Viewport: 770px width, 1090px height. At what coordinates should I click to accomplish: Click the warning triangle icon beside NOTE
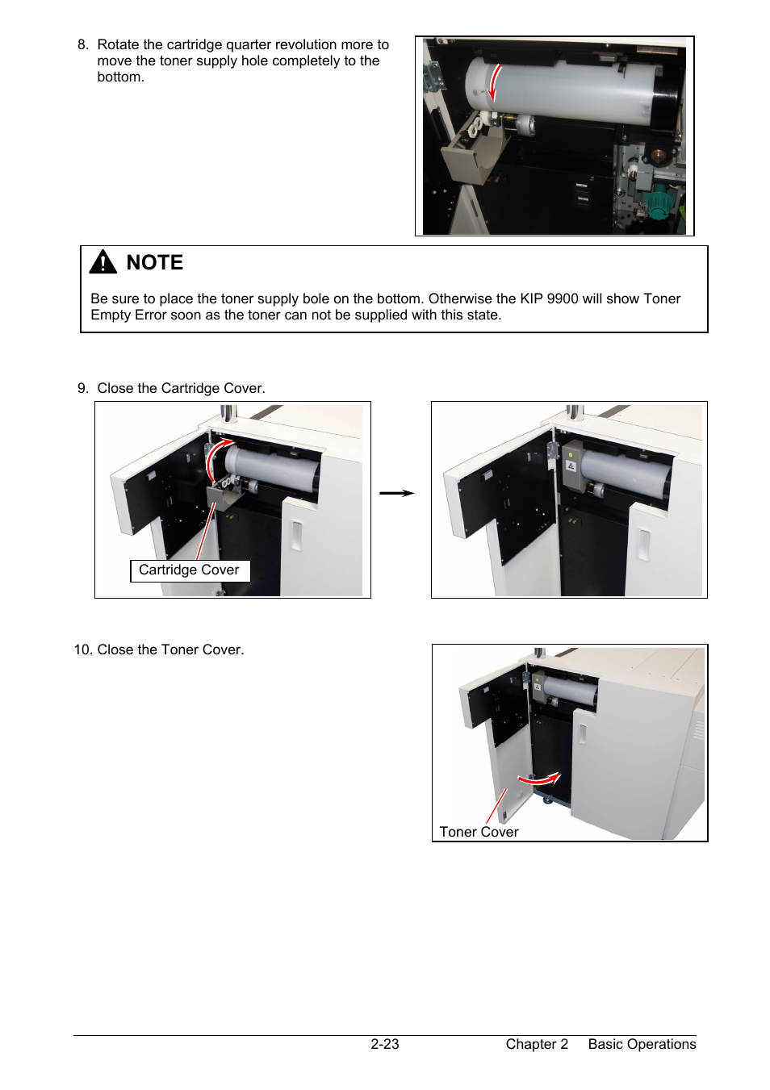(x=103, y=261)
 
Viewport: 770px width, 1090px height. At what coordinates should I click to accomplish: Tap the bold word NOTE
(x=155, y=262)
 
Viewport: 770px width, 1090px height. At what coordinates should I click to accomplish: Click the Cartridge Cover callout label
(x=190, y=570)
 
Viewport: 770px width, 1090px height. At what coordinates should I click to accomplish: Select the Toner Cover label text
(x=479, y=832)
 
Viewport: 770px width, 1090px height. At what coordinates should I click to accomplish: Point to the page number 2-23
(x=384, y=1044)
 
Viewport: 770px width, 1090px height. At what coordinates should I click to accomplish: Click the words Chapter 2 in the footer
(x=537, y=1044)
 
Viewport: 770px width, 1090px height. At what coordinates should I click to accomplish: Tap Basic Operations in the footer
(x=642, y=1044)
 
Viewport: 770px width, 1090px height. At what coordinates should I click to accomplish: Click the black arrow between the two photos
(x=396, y=493)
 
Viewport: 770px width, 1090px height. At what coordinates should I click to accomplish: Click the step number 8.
(x=83, y=44)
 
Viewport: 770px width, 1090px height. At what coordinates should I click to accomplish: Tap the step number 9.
(x=83, y=388)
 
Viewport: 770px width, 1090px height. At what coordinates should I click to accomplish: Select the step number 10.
(x=82, y=649)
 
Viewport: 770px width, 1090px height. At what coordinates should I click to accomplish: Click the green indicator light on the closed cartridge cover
(x=571, y=454)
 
